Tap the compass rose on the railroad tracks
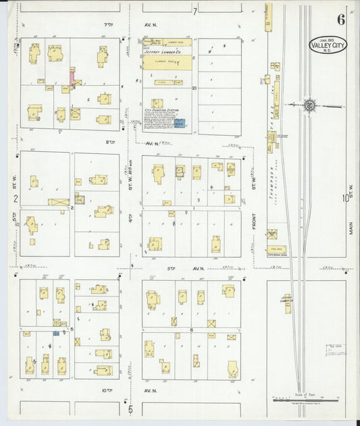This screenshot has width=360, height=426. (309, 105)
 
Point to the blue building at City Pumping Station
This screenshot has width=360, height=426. (180, 124)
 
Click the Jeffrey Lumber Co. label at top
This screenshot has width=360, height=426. (165, 49)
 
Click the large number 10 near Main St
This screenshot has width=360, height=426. (344, 198)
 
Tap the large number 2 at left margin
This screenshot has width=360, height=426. (15, 198)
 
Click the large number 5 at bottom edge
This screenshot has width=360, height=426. (130, 408)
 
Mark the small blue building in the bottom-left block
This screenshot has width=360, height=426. (56, 334)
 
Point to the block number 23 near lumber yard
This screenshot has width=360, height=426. (194, 88)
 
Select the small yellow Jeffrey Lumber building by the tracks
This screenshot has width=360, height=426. (288, 303)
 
